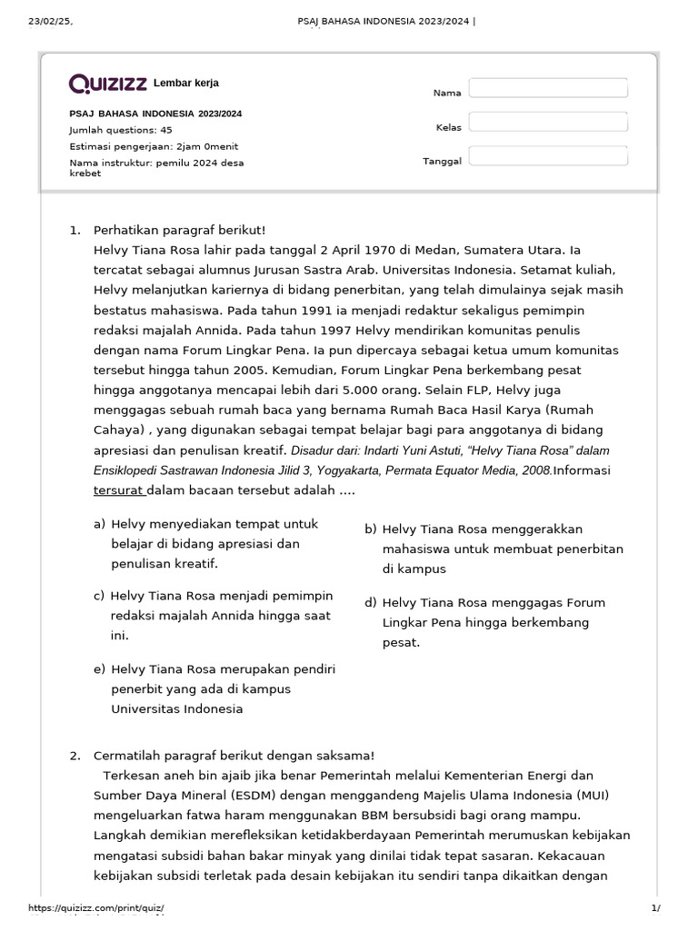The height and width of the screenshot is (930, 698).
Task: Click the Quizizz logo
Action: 108,84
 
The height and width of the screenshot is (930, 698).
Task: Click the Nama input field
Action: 548,88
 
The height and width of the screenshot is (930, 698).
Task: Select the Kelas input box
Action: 548,122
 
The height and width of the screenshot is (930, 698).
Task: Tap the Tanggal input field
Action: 548,156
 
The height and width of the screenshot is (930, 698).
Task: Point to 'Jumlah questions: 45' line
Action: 121,130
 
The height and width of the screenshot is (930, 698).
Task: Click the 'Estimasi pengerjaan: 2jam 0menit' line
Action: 155,146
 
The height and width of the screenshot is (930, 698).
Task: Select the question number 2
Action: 75,756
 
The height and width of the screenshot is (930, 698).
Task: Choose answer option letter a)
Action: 99,524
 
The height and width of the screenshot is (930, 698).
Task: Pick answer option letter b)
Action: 371,529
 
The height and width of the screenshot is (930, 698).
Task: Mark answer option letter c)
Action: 99,596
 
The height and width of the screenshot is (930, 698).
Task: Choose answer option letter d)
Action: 371,602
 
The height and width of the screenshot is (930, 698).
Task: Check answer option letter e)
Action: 99,669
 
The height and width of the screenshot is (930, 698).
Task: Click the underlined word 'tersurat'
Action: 118,491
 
